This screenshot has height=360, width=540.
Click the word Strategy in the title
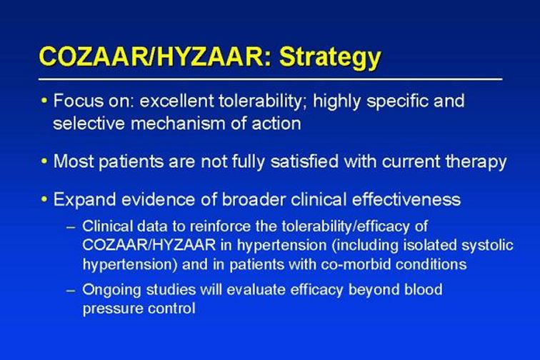pos(330,58)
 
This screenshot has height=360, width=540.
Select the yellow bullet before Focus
pos(44,101)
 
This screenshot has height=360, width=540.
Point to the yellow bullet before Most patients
pos(44,161)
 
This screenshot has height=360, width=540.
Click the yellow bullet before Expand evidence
pos(44,199)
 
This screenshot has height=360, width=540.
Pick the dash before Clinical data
pos(71,227)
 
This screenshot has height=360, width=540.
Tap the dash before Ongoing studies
pos(71,291)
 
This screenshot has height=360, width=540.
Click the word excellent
pos(176,101)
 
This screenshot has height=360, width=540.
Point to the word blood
pos(424,289)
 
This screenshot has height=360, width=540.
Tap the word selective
pos(89,124)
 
